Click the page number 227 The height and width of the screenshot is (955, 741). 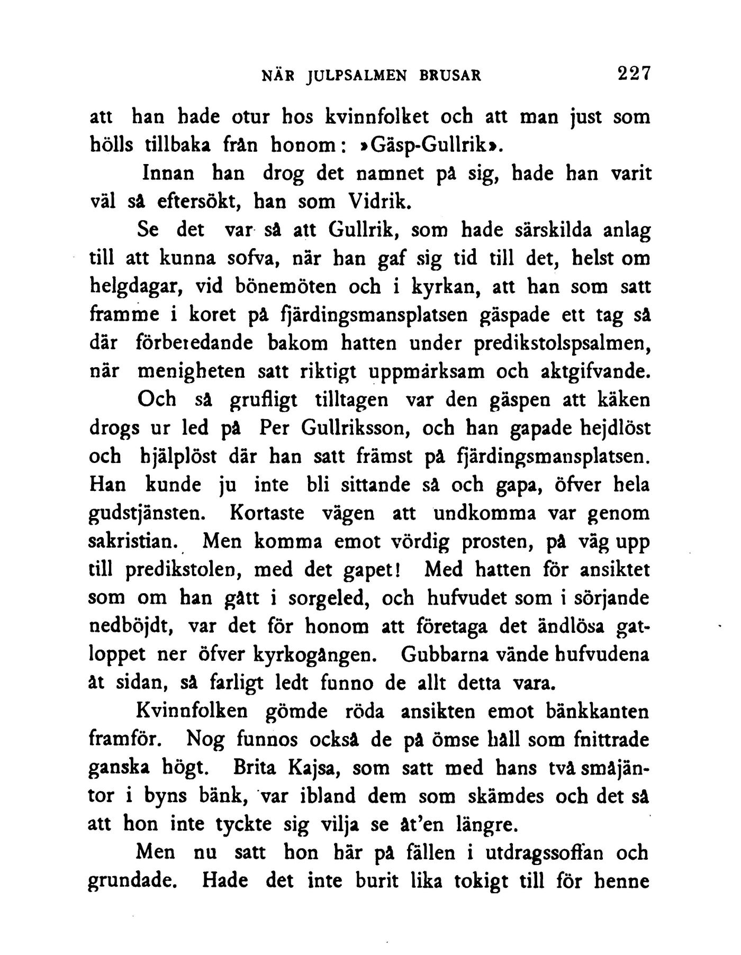point(633,73)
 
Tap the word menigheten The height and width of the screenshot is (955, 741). point(191,371)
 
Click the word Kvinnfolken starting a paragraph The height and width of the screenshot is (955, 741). point(192,711)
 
